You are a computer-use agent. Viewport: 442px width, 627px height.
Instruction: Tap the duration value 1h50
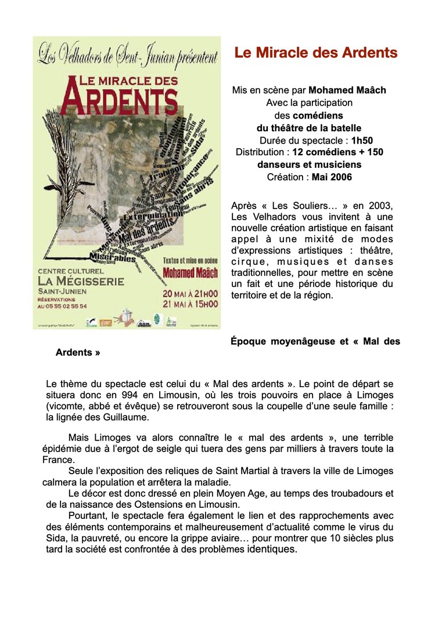362,140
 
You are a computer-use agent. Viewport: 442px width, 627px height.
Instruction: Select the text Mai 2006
332,177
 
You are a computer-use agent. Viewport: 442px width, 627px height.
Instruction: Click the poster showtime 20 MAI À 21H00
190,293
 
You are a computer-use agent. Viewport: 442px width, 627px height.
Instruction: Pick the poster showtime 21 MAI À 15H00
190,303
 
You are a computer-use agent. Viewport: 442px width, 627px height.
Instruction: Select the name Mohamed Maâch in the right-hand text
347,90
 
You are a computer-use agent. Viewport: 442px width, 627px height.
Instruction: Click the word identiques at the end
272,549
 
